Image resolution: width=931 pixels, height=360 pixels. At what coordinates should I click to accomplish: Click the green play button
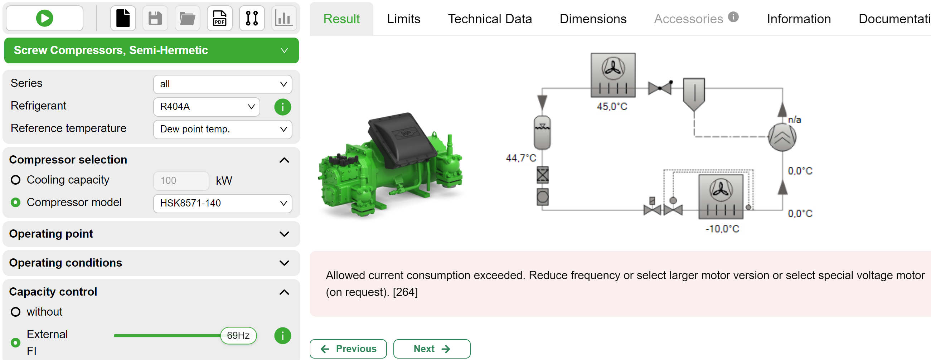pos(44,18)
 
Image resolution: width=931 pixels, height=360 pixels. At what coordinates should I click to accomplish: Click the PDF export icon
pos(219,18)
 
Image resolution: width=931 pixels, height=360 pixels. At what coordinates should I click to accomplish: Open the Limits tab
pos(403,19)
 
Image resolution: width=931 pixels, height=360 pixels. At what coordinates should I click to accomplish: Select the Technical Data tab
pos(490,19)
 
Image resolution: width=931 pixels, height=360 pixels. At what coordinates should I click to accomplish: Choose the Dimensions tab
pos(593,19)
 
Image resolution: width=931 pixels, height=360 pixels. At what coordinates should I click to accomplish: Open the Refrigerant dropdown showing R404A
pos(207,107)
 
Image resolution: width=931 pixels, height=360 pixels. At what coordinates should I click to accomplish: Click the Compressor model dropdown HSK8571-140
pos(223,203)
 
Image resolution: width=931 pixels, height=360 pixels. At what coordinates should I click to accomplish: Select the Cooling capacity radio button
pos(15,180)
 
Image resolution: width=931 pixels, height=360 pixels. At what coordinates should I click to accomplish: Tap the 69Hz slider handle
pos(238,335)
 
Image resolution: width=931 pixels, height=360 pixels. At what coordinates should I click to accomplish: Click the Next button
pos(432,349)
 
